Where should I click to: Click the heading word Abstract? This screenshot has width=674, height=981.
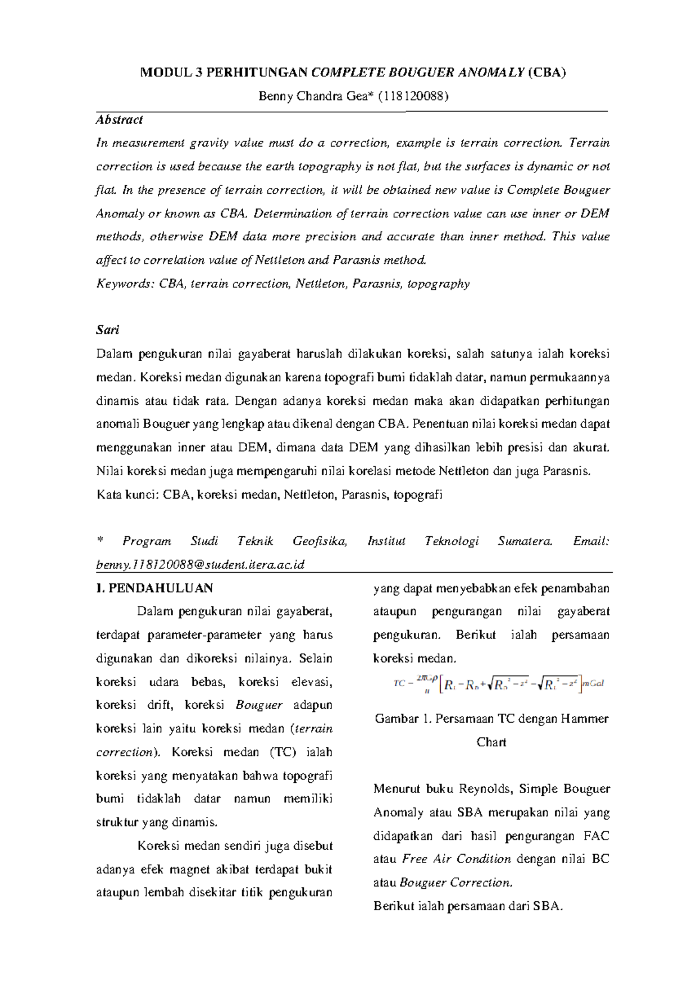(x=119, y=120)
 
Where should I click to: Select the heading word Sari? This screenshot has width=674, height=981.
(x=108, y=330)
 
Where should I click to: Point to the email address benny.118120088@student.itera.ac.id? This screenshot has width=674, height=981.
(x=200, y=565)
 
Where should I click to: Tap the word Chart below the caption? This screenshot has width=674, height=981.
(x=491, y=742)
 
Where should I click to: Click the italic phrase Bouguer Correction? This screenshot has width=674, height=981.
(x=456, y=883)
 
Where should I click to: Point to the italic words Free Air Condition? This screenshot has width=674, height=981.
(x=457, y=859)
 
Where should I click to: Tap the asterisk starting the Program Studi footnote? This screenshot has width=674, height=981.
(x=100, y=541)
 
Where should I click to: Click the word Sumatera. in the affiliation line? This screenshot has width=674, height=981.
(x=525, y=541)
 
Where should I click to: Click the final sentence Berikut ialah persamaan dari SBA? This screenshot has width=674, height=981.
(x=468, y=906)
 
